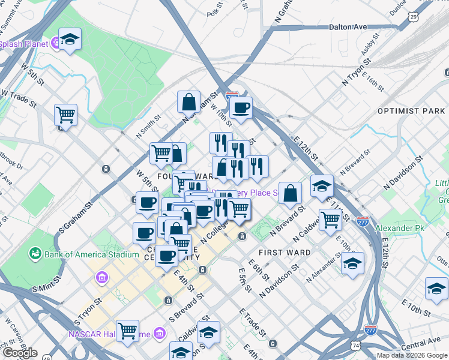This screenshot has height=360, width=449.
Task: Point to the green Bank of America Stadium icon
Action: (35, 254)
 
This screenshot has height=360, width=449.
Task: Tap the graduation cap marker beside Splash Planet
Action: (70, 40)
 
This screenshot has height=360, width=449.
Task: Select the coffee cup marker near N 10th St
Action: (241, 108)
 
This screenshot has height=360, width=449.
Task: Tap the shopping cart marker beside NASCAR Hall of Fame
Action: (128, 330)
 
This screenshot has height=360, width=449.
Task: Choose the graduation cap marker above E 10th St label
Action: (436, 288)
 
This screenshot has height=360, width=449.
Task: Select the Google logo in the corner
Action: (20, 353)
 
